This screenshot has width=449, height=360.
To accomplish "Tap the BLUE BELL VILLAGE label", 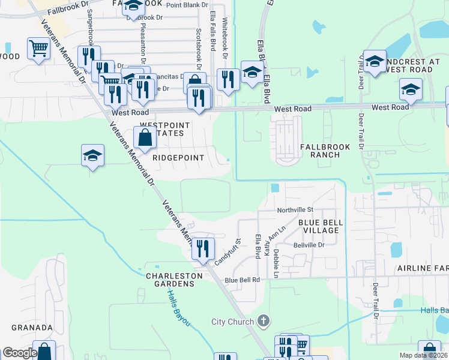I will [321, 226].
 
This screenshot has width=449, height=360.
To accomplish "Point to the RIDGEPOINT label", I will [178, 158].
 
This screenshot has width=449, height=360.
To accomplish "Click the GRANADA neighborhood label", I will [32, 328].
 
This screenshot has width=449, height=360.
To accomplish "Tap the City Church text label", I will [233, 322].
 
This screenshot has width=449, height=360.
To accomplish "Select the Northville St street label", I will [295, 210].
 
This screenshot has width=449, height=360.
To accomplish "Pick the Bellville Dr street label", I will [309, 245].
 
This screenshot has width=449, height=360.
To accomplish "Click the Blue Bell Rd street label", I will [243, 280].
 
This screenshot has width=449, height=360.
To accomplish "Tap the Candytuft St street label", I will [228, 251].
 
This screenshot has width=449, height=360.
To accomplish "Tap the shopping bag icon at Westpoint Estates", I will [145, 137].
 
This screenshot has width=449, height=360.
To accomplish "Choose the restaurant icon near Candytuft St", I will [203, 248].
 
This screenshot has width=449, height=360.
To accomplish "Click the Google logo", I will [20, 353].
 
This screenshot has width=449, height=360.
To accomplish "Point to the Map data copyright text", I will [423, 355].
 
